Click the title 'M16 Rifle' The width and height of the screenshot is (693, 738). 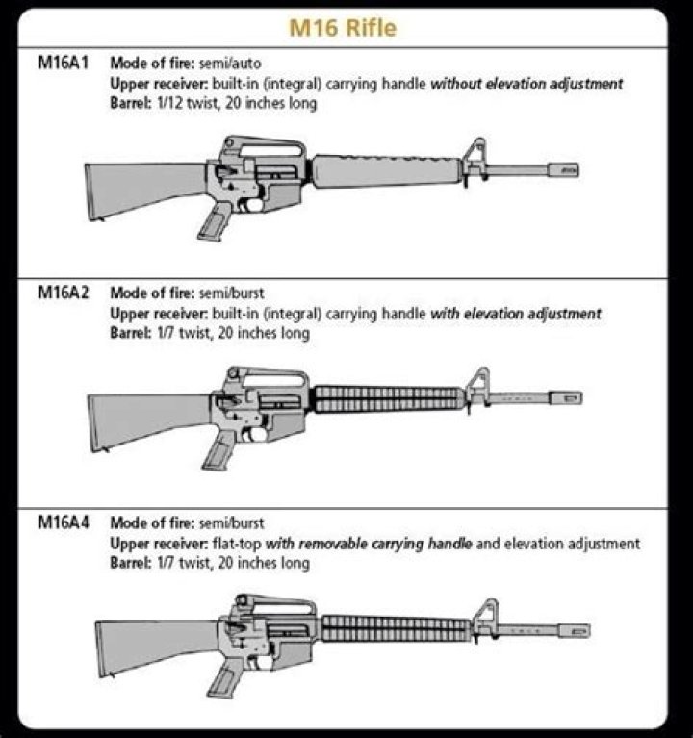[343, 28]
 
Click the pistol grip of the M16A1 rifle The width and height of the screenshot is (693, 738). [214, 220]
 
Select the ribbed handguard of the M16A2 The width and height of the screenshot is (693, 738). [389, 398]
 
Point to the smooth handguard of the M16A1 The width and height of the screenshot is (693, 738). [386, 170]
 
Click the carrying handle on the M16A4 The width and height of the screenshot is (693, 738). [279, 603]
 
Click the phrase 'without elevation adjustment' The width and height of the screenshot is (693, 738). [526, 84]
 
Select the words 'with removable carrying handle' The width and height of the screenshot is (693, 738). [369, 545]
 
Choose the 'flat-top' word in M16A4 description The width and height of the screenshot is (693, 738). [237, 545]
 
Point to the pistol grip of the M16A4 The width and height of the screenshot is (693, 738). [223, 678]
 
